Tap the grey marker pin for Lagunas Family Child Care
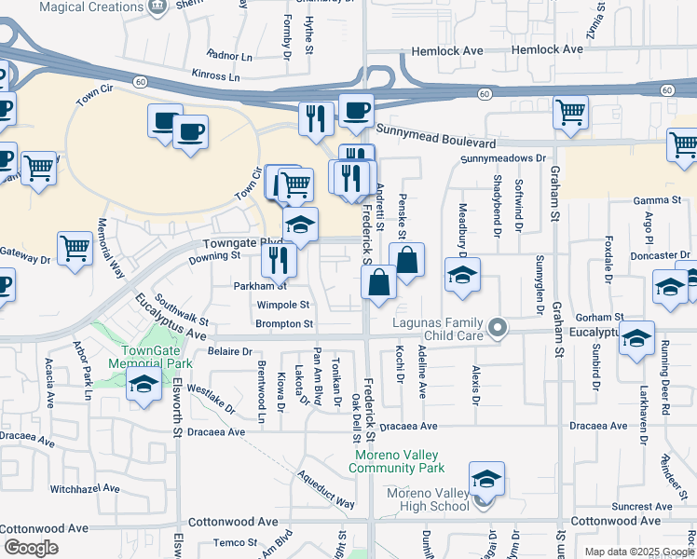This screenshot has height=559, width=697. (499, 327)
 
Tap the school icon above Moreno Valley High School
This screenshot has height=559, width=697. (486, 479)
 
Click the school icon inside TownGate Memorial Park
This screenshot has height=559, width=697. (143, 387)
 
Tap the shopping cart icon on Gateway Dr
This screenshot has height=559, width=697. (75, 250)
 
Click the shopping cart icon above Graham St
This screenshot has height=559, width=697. (570, 112)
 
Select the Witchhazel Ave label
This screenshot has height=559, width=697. (85, 488)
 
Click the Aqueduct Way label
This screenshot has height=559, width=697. (326, 488)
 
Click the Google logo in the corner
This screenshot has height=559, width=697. (31, 548)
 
